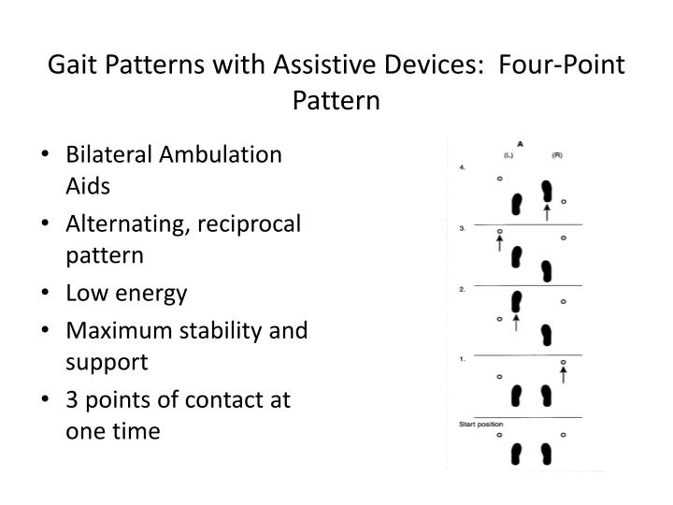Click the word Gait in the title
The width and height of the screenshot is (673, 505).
click(71, 66)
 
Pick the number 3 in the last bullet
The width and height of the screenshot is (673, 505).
click(72, 400)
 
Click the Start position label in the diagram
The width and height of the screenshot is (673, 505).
click(480, 425)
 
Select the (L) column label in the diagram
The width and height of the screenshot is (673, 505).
click(508, 154)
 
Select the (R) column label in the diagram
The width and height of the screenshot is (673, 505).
click(556, 154)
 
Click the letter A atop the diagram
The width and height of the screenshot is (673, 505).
click(519, 144)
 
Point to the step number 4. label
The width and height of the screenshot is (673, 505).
click(463, 167)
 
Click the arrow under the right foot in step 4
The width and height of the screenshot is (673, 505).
click(547, 212)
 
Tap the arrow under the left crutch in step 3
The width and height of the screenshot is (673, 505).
click(500, 245)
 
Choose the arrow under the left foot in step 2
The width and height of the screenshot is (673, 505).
click(515, 323)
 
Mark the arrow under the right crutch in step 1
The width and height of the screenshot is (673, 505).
click(563, 375)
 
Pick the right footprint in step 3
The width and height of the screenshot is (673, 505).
click(547, 272)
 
